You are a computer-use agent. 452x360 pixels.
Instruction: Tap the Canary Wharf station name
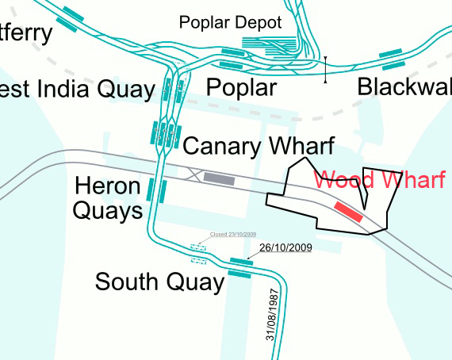259,146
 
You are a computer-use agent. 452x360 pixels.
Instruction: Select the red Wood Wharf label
379,179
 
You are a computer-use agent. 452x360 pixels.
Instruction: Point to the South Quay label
159,282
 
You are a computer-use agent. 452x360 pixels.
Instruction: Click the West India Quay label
76,89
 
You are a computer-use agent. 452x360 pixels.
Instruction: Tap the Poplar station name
241,87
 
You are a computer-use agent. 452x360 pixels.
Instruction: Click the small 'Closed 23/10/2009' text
233,235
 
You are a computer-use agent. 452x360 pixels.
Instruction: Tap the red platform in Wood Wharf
348,210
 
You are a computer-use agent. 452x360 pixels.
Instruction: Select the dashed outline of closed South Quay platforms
198,254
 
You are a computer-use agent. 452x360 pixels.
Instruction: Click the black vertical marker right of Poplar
325,70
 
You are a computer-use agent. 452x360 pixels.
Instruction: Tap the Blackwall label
404,87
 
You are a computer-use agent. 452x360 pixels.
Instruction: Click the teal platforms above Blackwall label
392,58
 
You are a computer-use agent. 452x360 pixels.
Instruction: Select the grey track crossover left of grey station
192,174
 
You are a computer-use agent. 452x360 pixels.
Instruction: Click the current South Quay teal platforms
240,267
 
